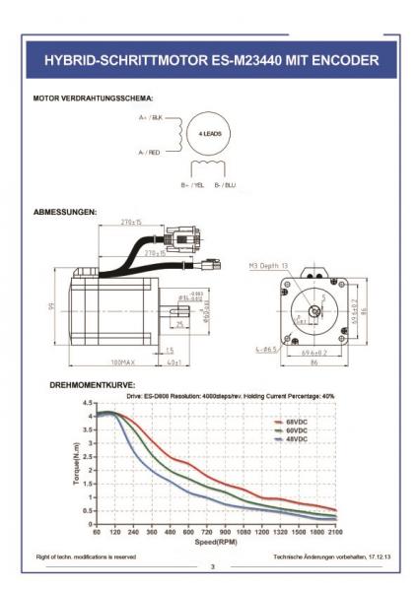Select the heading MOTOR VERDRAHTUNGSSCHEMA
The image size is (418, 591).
coord(93,98)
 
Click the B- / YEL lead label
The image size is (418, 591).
coord(193,184)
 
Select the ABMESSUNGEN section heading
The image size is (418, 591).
coord(64,212)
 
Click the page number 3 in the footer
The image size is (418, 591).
coord(210,567)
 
